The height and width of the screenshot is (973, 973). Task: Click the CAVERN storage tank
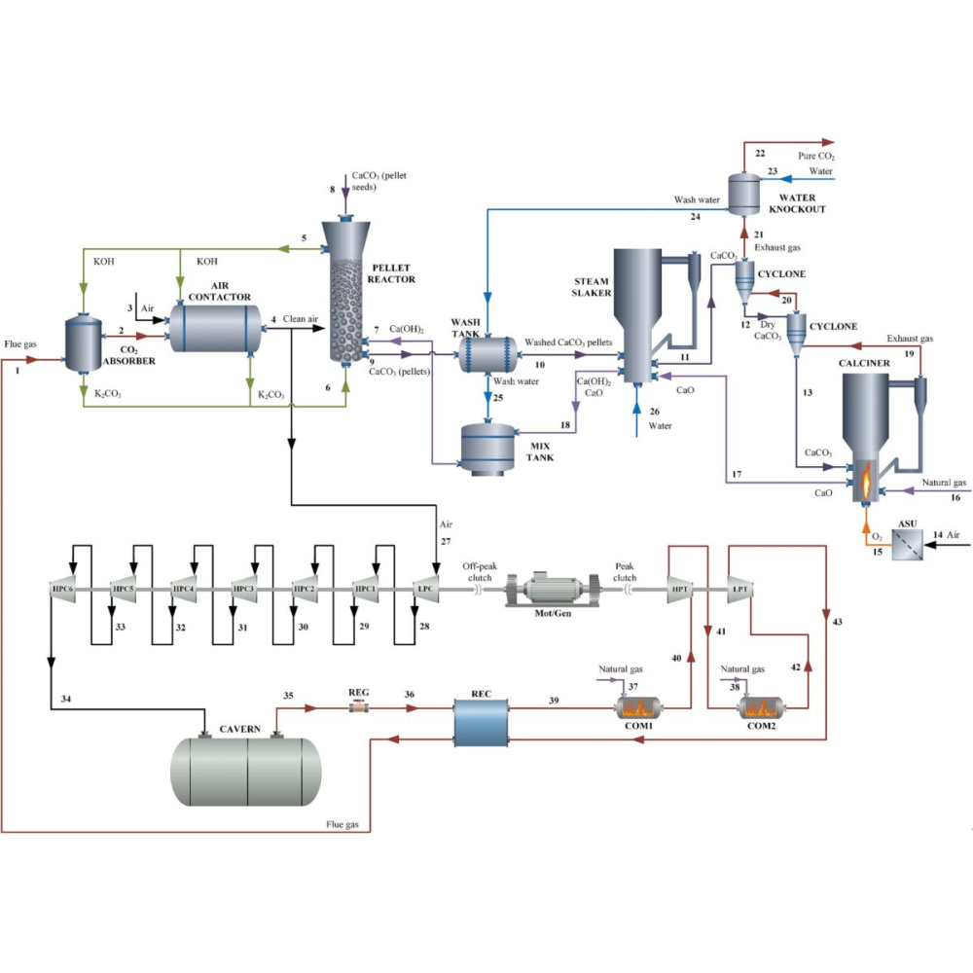pyautogui.click(x=245, y=769)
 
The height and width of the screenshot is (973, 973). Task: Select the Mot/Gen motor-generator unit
pyautogui.click(x=552, y=590)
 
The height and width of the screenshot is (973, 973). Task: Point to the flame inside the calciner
pyautogui.click(x=863, y=479)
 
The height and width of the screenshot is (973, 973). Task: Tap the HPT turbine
pyautogui.click(x=678, y=589)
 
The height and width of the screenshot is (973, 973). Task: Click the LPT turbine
pyautogui.click(x=742, y=589)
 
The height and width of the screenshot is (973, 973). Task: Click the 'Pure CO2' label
pyautogui.click(x=815, y=156)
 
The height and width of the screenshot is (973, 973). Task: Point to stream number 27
pyautogui.click(x=446, y=541)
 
